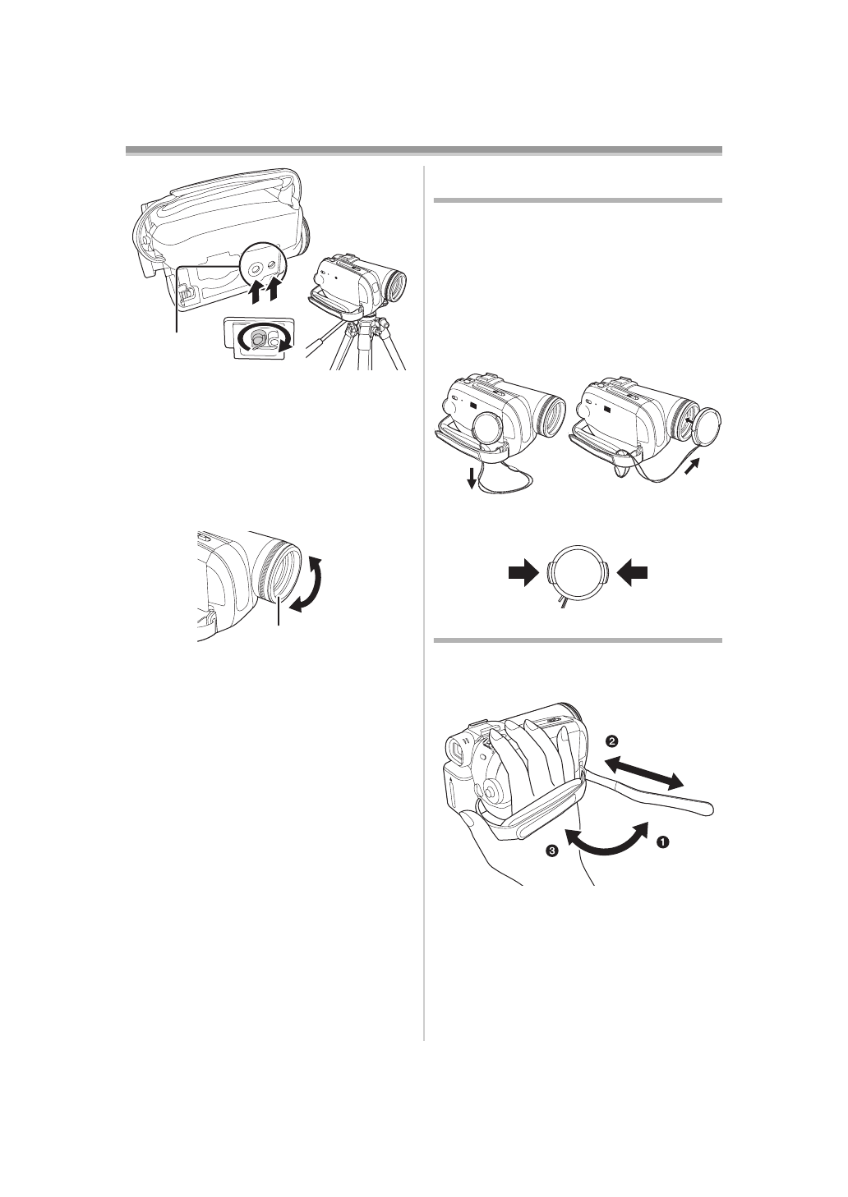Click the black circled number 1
[x=662, y=842]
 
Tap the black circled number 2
[x=611, y=741]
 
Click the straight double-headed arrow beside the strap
[x=649, y=773]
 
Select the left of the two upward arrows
[x=256, y=292]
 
